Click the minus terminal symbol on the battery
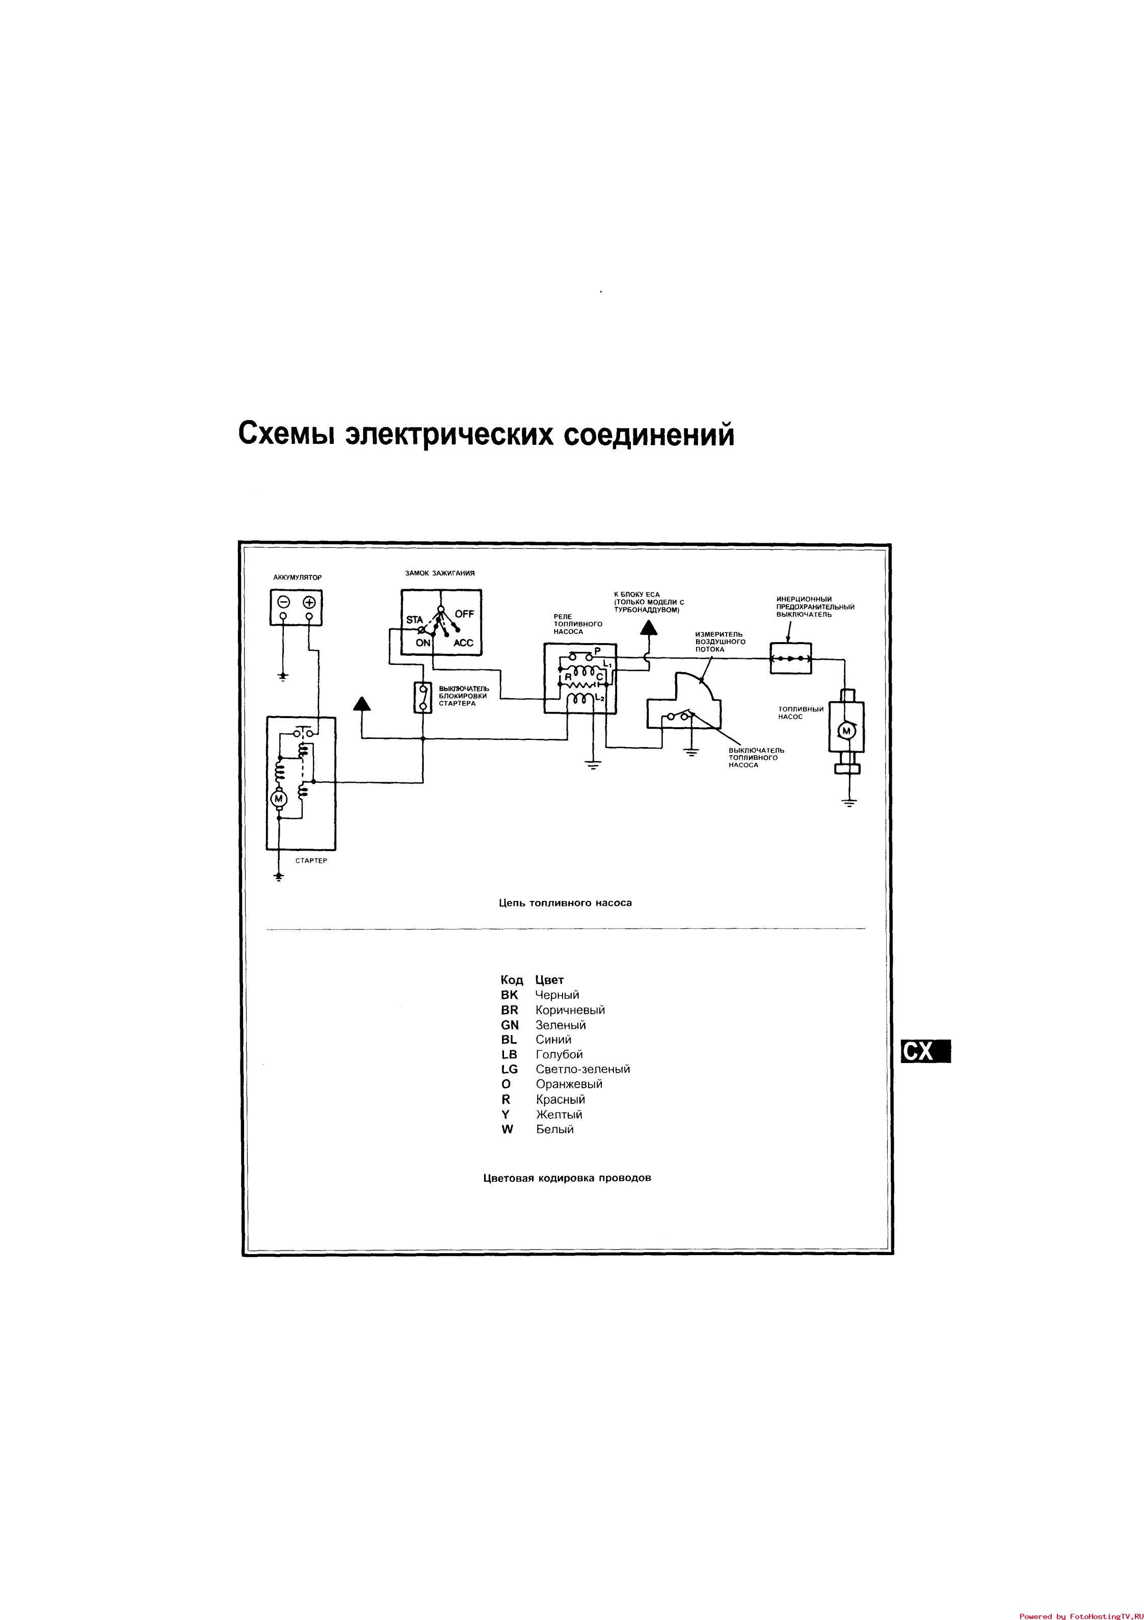click(x=283, y=602)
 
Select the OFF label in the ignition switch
click(x=464, y=614)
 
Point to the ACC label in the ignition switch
click(x=464, y=643)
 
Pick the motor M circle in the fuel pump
click(x=847, y=731)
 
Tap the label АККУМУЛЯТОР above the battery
click(x=297, y=577)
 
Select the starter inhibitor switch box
click(x=423, y=698)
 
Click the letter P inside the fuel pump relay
click(x=597, y=650)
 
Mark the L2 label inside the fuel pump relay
click(x=601, y=698)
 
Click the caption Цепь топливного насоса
click(x=565, y=902)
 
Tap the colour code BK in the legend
click(x=509, y=995)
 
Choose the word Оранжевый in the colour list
click(x=569, y=1084)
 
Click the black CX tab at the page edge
click(x=924, y=1051)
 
